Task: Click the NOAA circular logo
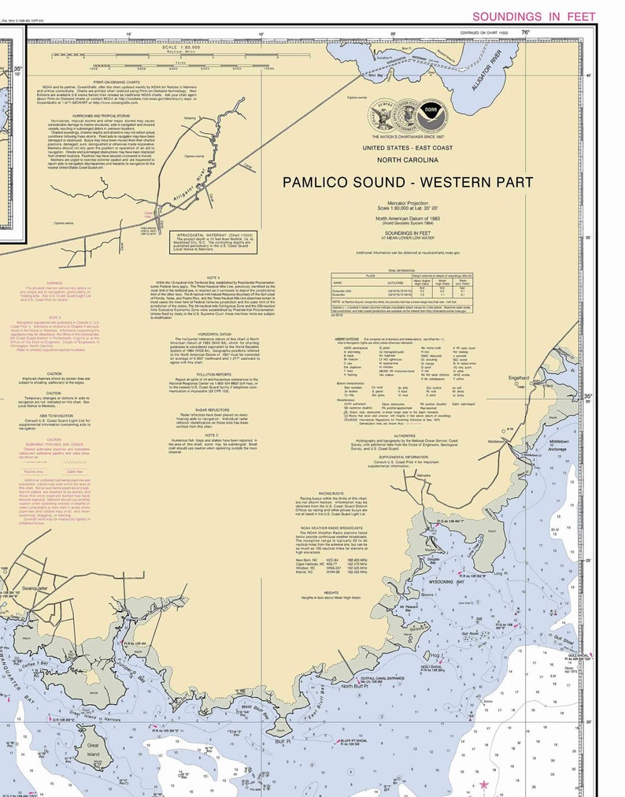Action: tap(431, 112)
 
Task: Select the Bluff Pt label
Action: tap(284, 740)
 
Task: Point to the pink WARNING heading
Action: tap(54, 282)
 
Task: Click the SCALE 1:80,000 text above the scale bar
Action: tap(182, 48)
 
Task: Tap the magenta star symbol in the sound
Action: tap(484, 784)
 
